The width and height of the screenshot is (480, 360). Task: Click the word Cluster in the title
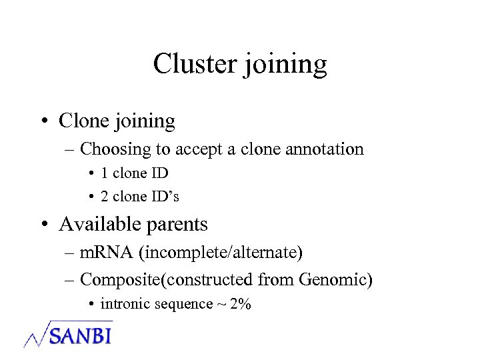click(x=194, y=64)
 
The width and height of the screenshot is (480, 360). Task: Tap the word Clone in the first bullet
click(x=83, y=121)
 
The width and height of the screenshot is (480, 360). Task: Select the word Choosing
click(x=112, y=149)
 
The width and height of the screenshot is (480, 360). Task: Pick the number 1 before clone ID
click(x=104, y=173)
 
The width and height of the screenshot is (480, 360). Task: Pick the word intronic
click(x=123, y=304)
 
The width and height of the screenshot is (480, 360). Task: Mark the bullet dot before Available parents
click(x=44, y=225)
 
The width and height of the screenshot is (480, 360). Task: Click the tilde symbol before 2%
click(x=220, y=304)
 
